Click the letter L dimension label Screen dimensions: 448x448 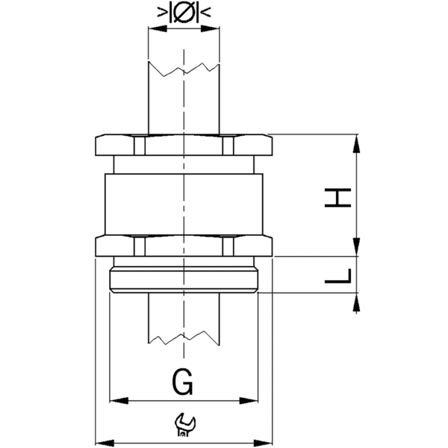[340, 276]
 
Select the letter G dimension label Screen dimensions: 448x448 [183, 383]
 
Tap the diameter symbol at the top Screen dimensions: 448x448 [184, 13]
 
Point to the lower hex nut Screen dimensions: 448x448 [183, 246]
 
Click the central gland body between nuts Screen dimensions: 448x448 [183, 198]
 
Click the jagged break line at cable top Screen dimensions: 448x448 [184, 69]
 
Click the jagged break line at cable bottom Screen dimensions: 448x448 [184, 340]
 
